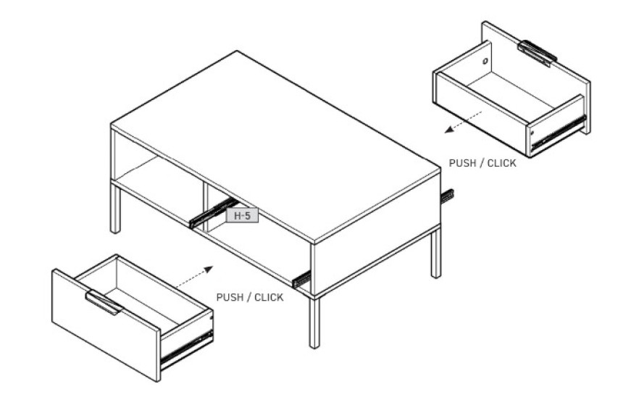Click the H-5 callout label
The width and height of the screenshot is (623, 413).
(242, 215)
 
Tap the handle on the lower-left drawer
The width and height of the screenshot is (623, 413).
(104, 302)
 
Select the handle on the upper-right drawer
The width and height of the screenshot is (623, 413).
(537, 52)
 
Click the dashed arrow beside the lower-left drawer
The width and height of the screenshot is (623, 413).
(194, 276)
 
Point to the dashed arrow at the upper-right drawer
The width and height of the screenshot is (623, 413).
(464, 122)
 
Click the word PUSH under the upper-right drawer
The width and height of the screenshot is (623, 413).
(462, 163)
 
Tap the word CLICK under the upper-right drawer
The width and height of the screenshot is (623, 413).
(501, 163)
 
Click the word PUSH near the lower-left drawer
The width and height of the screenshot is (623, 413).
(229, 297)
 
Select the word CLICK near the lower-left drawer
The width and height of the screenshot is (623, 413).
(269, 297)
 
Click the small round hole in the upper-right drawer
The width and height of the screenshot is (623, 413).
(485, 61)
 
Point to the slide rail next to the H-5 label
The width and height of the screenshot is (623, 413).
(213, 213)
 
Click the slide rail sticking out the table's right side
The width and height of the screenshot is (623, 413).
(448, 196)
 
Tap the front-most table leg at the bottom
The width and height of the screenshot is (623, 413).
(314, 322)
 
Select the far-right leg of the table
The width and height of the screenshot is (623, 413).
(436, 253)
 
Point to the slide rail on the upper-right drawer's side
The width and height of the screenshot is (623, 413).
(559, 132)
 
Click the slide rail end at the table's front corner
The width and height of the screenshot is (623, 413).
(301, 279)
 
